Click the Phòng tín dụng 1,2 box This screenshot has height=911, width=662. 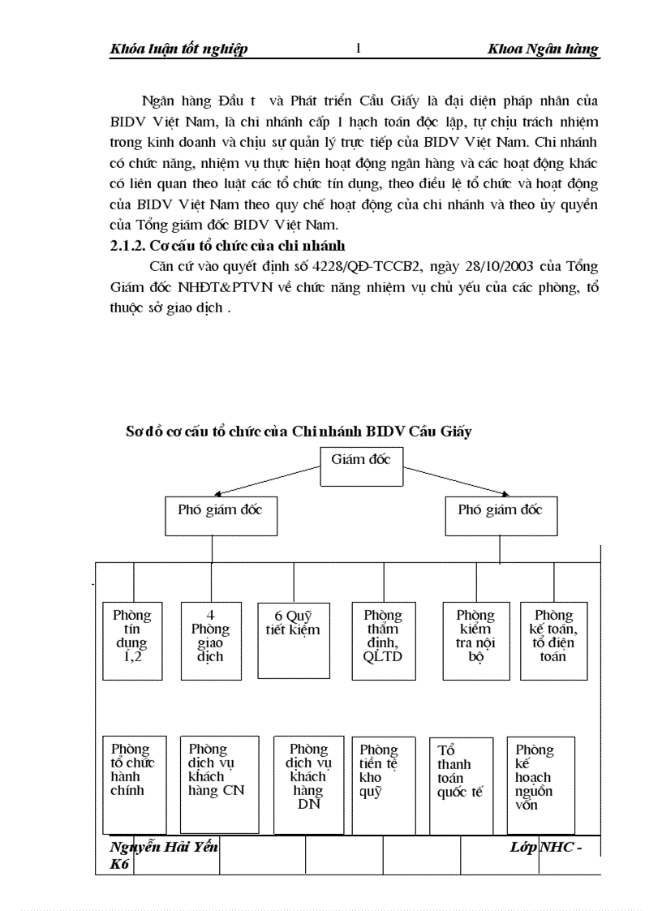click(132, 640)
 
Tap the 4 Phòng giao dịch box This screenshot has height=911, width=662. click(210, 640)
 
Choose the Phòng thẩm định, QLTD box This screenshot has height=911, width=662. click(383, 640)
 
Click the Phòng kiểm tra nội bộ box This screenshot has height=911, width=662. click(475, 640)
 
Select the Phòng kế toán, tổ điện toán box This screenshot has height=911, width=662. click(554, 640)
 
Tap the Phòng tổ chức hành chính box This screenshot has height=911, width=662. click(135, 784)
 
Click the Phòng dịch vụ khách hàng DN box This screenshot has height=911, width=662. click(309, 784)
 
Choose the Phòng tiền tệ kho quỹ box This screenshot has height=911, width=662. click(379, 784)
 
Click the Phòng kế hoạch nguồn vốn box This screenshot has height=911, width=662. click(541, 784)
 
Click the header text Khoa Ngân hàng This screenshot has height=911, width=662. click(543, 49)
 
